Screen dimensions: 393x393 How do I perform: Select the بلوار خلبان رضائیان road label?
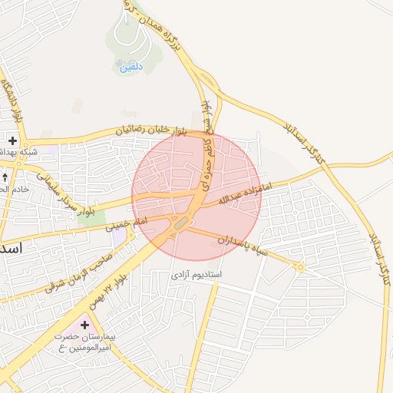pyautogui.click(x=150, y=131)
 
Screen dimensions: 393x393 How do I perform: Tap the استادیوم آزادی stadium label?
pyautogui.click(x=195, y=274)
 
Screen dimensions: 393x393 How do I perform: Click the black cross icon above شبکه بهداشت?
pyautogui.click(x=13, y=141)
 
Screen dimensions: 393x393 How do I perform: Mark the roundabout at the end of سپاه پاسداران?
pyautogui.click(x=301, y=267)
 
